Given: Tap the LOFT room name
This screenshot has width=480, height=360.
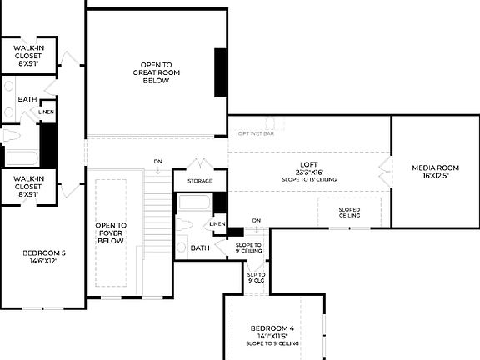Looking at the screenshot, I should (x=310, y=164).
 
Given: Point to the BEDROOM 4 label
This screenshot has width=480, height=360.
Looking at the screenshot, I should (x=272, y=328).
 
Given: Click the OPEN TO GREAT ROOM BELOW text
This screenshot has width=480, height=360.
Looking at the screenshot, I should (x=157, y=73).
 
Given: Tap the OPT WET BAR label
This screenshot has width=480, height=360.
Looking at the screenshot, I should (x=256, y=132).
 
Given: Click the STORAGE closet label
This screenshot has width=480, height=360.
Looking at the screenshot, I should (x=199, y=181).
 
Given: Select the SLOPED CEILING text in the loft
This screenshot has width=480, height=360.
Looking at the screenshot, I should (x=349, y=212).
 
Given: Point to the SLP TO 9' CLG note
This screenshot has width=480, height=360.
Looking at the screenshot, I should (x=256, y=277).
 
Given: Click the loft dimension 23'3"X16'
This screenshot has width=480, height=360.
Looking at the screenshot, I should (x=309, y=172).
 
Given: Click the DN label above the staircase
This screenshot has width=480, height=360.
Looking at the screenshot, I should (x=157, y=161).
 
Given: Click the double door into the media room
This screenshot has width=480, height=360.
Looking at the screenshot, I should (x=384, y=173).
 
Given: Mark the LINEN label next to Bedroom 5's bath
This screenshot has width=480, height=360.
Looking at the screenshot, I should (x=47, y=112).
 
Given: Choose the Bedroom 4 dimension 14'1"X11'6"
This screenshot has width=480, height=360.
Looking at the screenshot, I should (x=272, y=336).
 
